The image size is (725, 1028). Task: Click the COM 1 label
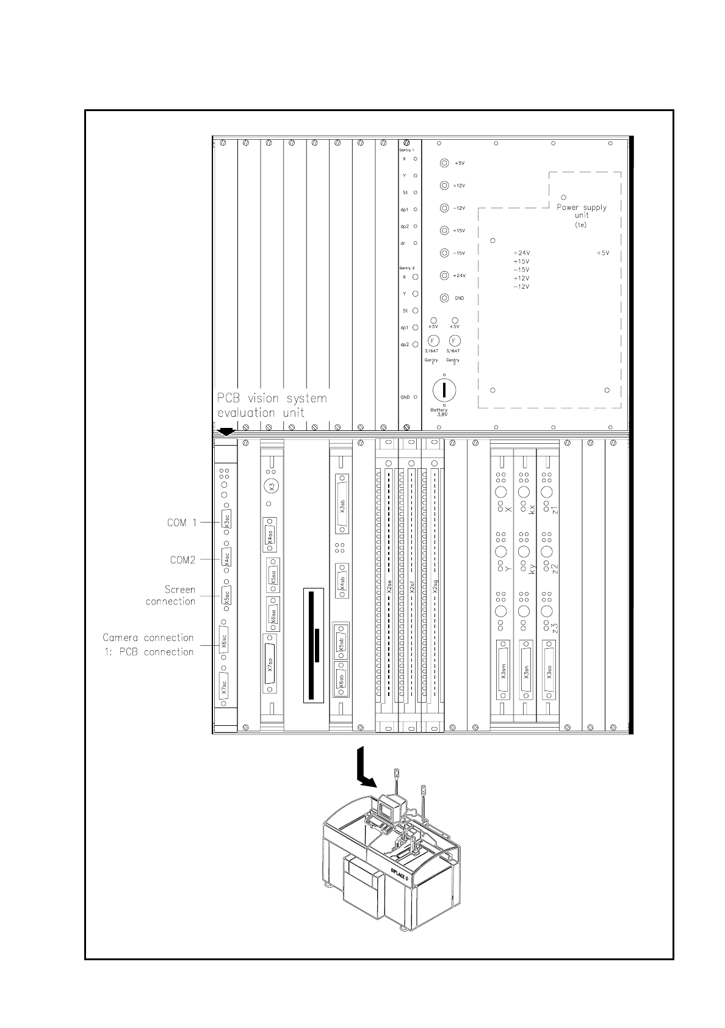(182, 523)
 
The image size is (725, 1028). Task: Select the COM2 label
(182, 559)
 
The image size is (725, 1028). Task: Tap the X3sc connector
(226, 523)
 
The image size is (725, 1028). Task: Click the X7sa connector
(270, 663)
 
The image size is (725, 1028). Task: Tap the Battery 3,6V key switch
(445, 390)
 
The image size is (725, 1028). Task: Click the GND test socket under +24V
(445, 298)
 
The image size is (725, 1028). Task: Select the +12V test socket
(445, 186)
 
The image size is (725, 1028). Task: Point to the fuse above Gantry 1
(433, 341)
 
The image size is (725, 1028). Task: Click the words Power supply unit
(582, 211)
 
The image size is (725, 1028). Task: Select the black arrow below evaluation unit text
(226, 431)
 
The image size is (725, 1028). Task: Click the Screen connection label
(171, 595)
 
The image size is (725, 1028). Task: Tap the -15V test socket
(445, 253)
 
